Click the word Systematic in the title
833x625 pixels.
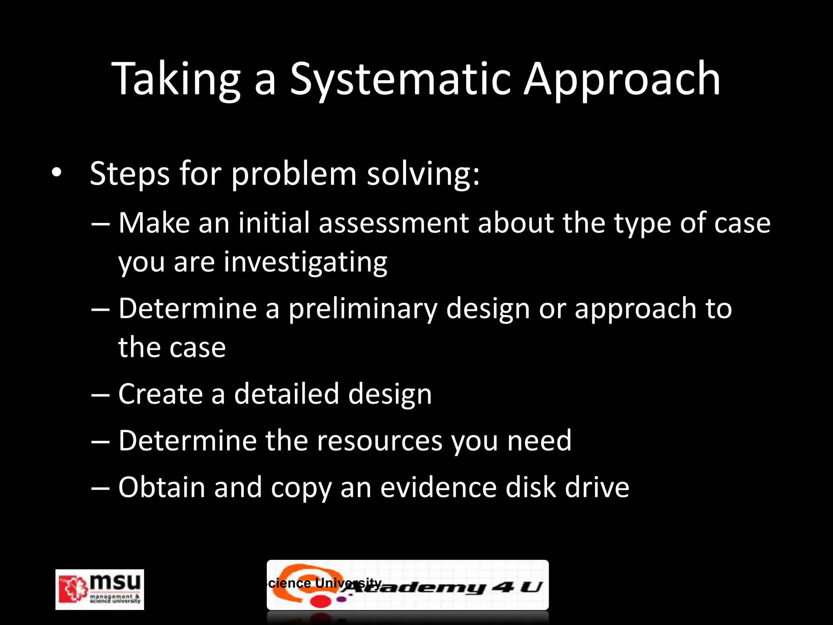pos(400,79)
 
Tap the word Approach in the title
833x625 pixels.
pos(622,79)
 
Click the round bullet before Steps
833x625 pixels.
pos(57,173)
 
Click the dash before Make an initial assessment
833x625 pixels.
pos(100,224)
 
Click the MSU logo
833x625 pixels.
pos(100,589)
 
